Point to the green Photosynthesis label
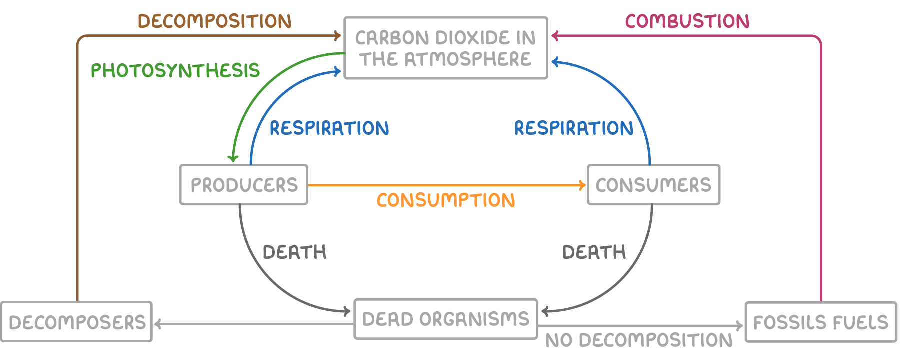click(x=175, y=71)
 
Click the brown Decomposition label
click(x=215, y=21)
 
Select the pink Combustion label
click(x=687, y=21)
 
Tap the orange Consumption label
click(x=446, y=200)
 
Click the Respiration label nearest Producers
click(x=329, y=128)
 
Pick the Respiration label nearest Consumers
click(x=574, y=128)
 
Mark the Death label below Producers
click(x=295, y=252)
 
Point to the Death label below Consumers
click(x=594, y=252)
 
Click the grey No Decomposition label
click(x=639, y=340)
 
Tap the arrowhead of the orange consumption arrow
click(x=582, y=185)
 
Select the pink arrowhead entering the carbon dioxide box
click(x=555, y=35)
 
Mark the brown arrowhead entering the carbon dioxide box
click(x=337, y=35)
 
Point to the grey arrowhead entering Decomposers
click(x=158, y=324)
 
